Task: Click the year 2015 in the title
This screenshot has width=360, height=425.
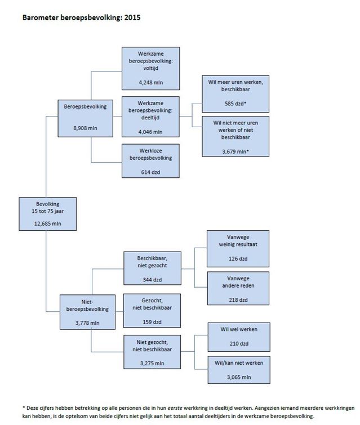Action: [131, 17]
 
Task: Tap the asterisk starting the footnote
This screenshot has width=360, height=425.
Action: [24, 406]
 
